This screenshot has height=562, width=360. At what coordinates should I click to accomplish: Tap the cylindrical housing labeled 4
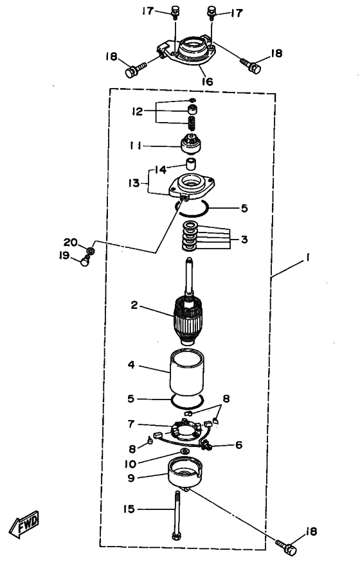[x=186, y=373]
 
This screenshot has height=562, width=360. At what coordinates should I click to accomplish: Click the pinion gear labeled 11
[x=190, y=143]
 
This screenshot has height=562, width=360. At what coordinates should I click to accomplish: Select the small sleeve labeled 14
[x=192, y=163]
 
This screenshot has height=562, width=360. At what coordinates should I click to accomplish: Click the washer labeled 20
[x=91, y=249]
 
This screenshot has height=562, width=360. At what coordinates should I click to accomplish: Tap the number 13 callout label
[x=134, y=183]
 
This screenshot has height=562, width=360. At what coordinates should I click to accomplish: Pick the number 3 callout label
[x=244, y=239]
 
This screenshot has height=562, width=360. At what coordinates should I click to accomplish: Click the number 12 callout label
[x=137, y=112]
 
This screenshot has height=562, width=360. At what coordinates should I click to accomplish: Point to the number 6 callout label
[x=239, y=445]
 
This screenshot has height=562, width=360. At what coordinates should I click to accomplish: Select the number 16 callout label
[x=207, y=82]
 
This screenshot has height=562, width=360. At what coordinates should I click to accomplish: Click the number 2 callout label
[x=134, y=305]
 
